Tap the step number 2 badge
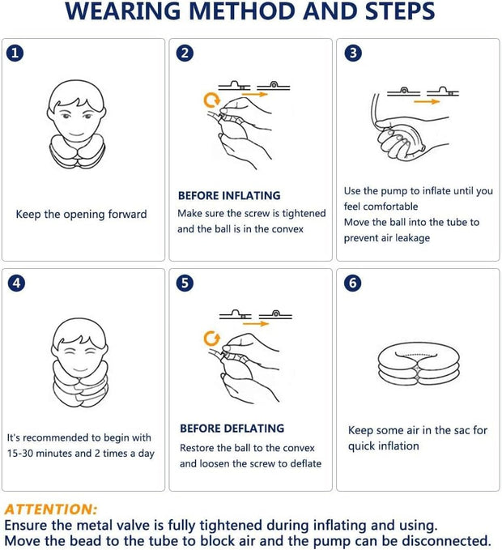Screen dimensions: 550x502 (186, 53)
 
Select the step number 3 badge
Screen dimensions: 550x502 (353, 53)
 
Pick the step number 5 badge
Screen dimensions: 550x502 (186, 284)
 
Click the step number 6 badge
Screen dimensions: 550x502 (353, 284)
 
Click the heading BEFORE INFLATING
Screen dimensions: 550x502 (228, 195)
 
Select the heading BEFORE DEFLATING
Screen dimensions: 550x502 (232, 428)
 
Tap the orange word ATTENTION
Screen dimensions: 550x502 (50, 509)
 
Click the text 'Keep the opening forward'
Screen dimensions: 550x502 (81, 215)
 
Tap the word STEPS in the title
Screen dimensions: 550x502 (394, 14)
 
